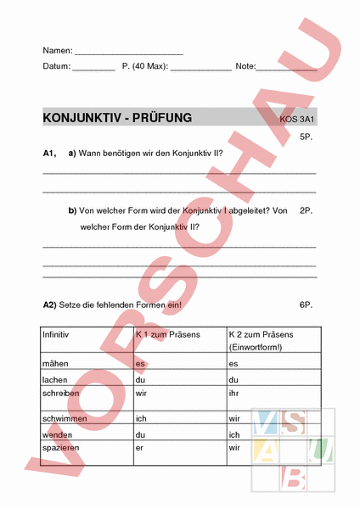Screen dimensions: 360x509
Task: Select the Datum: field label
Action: (x=57, y=66)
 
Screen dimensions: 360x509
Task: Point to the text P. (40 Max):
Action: (x=145, y=66)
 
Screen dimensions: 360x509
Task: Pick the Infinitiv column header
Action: (x=56, y=335)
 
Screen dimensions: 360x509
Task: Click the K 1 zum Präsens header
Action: (x=167, y=335)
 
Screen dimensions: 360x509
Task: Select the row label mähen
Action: (x=55, y=364)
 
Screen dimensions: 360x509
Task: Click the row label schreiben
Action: (x=60, y=394)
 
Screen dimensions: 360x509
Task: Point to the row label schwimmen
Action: (x=63, y=418)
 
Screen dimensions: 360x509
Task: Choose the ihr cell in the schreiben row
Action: (x=233, y=394)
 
